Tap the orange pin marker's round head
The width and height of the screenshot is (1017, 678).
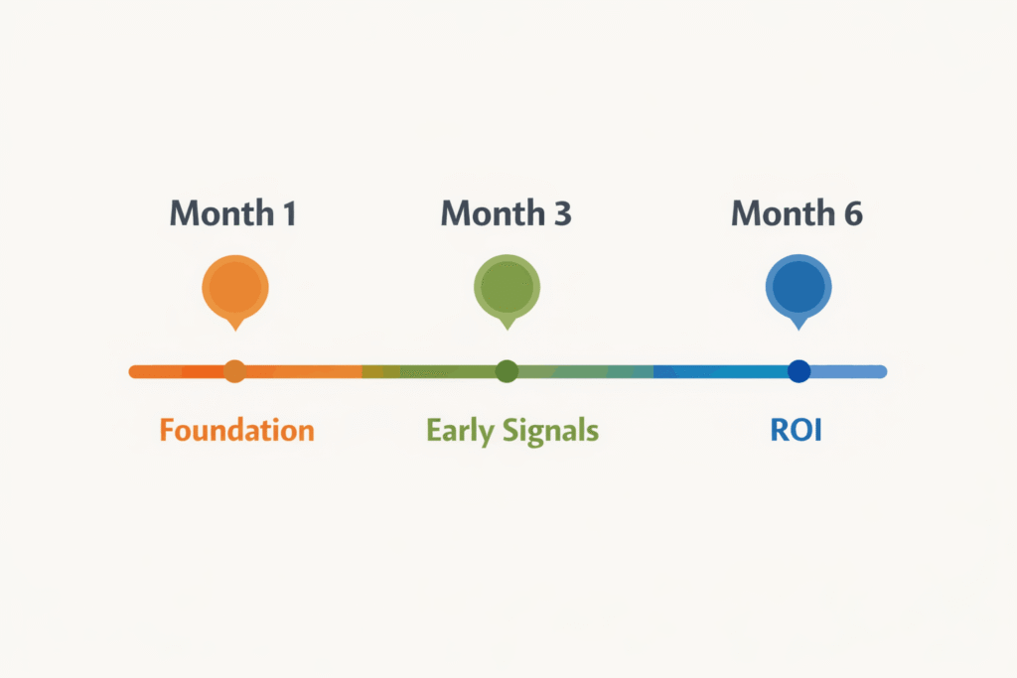click(234, 287)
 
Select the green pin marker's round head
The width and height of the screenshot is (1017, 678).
click(507, 287)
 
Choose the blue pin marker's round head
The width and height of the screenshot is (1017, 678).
click(798, 287)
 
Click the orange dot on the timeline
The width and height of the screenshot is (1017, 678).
click(234, 371)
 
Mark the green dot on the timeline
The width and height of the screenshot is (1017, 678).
click(507, 371)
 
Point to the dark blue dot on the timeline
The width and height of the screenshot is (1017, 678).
click(799, 371)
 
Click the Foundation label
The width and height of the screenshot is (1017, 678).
click(236, 431)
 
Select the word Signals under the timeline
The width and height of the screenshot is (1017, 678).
click(551, 432)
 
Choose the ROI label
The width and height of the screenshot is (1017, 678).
click(797, 431)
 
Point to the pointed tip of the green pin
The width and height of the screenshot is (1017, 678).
click(507, 328)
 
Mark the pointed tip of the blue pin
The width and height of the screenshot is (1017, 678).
click(798, 328)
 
